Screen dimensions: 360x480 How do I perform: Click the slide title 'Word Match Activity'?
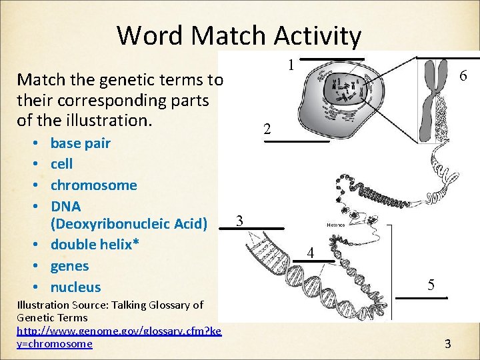coord(239,35)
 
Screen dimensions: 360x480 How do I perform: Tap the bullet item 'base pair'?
coord(80,143)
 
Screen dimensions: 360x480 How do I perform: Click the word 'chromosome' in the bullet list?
coord(93,185)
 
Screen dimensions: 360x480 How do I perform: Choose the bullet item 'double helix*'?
coord(95,245)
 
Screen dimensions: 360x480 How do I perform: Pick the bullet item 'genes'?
coord(69,266)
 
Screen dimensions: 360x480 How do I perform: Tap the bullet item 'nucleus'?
coord(75,287)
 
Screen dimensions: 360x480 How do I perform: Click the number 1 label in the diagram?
coord(291,65)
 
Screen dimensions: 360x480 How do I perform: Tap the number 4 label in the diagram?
coord(310,253)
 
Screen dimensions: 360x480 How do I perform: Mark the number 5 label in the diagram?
coord(431,285)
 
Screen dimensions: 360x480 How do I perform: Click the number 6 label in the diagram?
coord(463,77)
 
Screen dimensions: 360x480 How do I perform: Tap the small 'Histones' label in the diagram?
coord(335,225)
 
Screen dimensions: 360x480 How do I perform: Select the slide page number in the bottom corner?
coord(448,344)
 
